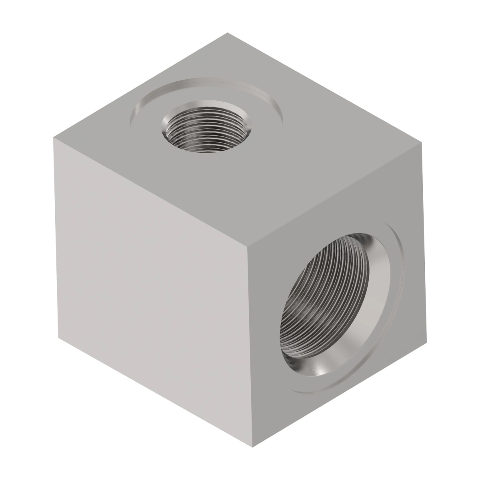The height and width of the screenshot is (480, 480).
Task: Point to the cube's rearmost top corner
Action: tap(228, 33)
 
